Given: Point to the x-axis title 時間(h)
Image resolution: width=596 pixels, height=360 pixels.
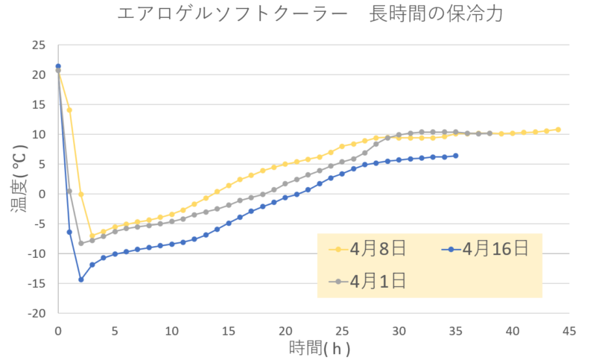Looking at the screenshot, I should pyautogui.click(x=320, y=348).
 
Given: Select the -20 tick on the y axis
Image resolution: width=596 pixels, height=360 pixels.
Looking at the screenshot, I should pyautogui.click(x=36, y=314).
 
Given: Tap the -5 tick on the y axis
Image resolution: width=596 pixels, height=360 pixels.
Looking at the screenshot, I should pyautogui.click(x=39, y=224).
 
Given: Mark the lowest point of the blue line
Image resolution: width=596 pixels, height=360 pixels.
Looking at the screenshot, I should pyautogui.click(x=80, y=280).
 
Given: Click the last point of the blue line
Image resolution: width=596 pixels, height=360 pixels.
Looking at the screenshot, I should pyautogui.click(x=456, y=155).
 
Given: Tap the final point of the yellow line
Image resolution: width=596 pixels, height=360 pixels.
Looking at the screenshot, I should pyautogui.click(x=558, y=129).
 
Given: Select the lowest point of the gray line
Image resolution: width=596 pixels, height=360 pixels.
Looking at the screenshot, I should pyautogui.click(x=80, y=243).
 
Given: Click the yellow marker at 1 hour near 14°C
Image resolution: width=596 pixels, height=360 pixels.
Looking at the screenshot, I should pyautogui.click(x=69, y=110).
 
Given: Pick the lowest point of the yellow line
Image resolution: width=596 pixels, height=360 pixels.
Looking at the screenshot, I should pyautogui.click(x=92, y=236).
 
